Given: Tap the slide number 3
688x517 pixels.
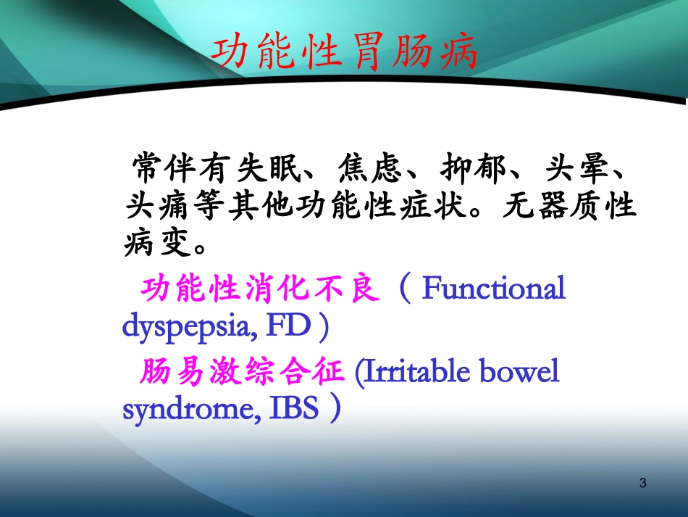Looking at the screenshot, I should (x=644, y=483).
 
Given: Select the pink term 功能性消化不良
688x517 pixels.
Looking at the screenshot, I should (x=260, y=289).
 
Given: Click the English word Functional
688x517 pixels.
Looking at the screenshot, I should (x=493, y=289).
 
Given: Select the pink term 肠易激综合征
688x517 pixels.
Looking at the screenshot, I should (x=241, y=373).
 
